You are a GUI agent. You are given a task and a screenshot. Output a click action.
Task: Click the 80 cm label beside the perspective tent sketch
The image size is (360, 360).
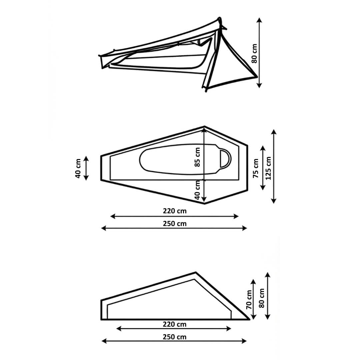(x=254, y=53)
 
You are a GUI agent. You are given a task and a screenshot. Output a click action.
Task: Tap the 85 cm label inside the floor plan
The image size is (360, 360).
(x=197, y=157)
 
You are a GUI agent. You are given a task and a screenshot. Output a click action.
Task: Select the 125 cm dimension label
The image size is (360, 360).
(x=268, y=168)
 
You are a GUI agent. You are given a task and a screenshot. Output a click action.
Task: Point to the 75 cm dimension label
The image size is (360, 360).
(x=256, y=168)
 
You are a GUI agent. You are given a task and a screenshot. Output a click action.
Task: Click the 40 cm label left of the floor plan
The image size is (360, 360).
(x=78, y=168)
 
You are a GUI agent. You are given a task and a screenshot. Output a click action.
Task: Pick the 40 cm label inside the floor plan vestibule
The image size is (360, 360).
(x=197, y=190)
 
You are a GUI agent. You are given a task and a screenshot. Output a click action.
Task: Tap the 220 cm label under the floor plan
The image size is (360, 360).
(x=175, y=211)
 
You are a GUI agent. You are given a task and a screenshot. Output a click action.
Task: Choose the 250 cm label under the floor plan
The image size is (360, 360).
(x=175, y=223)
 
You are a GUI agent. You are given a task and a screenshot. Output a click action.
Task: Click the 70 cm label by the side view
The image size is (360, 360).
(x=249, y=300)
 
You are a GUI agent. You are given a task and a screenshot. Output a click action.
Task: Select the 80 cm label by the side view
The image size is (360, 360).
(x=262, y=298)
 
